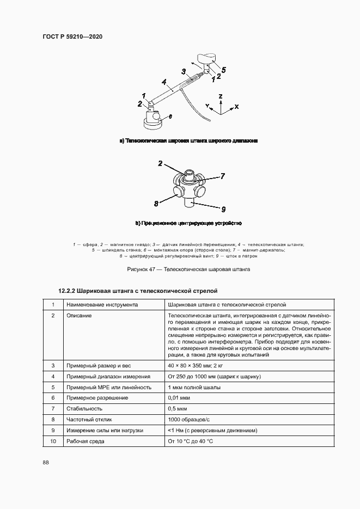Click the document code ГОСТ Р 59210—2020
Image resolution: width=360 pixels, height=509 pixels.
(72, 37)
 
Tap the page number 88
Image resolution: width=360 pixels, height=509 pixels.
(46, 462)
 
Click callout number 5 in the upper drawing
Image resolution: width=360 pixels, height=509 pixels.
(223, 69)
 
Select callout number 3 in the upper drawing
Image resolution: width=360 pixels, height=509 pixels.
(184, 71)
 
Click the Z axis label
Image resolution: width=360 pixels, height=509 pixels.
(220, 96)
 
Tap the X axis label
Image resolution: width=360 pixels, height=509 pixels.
(236, 107)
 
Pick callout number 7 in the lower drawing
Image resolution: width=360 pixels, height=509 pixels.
(222, 176)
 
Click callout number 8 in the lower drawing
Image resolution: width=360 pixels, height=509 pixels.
(156, 204)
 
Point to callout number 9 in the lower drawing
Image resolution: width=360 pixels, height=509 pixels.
(223, 208)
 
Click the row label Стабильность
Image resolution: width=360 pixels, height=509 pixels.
(84, 408)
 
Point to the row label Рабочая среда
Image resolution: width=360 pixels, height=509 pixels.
(86, 441)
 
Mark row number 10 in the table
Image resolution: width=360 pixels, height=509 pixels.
(53, 441)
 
